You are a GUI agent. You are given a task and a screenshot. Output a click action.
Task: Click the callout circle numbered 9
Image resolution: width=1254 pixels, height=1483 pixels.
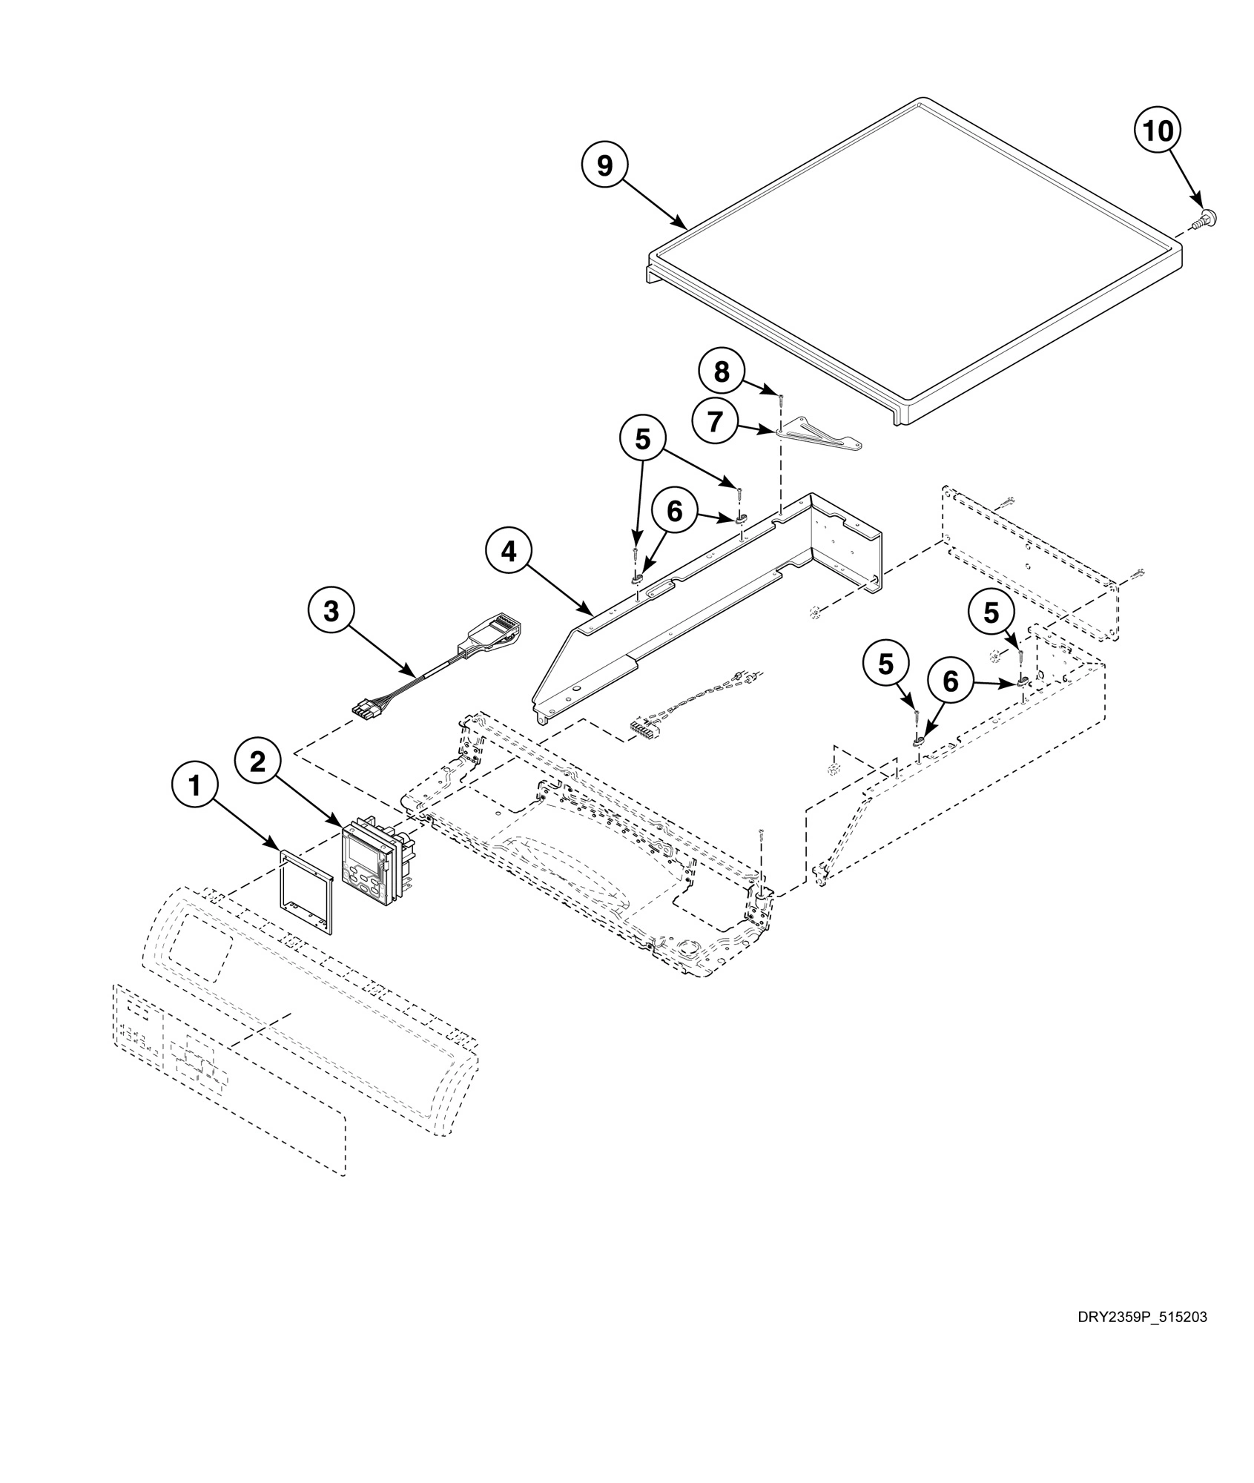pos(605,166)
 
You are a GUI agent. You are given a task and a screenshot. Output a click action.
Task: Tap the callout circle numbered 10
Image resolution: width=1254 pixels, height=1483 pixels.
pos(1158,131)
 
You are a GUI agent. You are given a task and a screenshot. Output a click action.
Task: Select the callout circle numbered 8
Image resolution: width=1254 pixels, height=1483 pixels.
pos(722,371)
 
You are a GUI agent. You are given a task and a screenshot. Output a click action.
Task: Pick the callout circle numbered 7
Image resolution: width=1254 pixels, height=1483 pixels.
pos(715,422)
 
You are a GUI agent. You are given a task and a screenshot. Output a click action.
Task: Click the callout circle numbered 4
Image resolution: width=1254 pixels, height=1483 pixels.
pos(508,552)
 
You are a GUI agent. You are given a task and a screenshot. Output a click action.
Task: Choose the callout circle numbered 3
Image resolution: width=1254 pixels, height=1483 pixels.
pos(331,612)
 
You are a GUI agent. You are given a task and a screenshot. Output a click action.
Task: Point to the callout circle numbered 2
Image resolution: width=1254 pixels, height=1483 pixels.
pos(257,762)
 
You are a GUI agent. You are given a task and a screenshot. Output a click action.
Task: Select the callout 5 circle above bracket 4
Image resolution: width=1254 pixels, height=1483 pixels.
pos(642,439)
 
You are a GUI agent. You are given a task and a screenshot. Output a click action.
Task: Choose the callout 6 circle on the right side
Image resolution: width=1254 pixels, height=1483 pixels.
pos(950,681)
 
